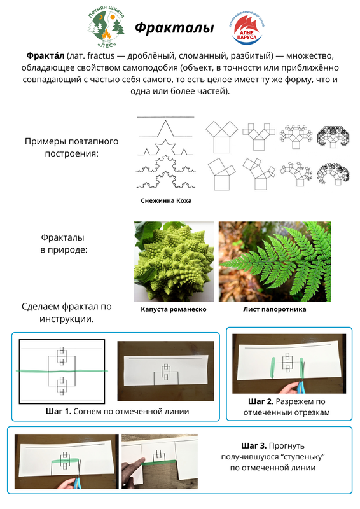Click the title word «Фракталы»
pyautogui.click(x=174, y=28)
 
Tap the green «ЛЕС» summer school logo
pyautogui.click(x=106, y=27)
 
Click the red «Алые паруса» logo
pyautogui.click(x=247, y=28)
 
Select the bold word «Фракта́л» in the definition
pyautogui.click(x=45, y=55)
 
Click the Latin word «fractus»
pyautogui.click(x=101, y=56)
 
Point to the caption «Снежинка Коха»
pyautogui.click(x=166, y=200)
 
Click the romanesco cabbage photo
pyautogui.click(x=174, y=261)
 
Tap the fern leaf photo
pyautogui.click(x=275, y=261)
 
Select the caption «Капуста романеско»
pyautogui.click(x=174, y=309)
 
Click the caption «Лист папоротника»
pyautogui.click(x=275, y=309)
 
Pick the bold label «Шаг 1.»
pyautogui.click(x=59, y=412)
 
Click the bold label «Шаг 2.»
pyautogui.click(x=261, y=401)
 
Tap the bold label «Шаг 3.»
pyautogui.click(x=254, y=446)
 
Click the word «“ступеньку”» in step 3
pyautogui.click(x=304, y=457)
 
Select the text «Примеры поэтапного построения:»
pyautogui.click(x=71, y=148)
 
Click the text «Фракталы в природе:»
pyautogui.click(x=64, y=244)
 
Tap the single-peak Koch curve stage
pyautogui.click(x=165, y=129)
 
